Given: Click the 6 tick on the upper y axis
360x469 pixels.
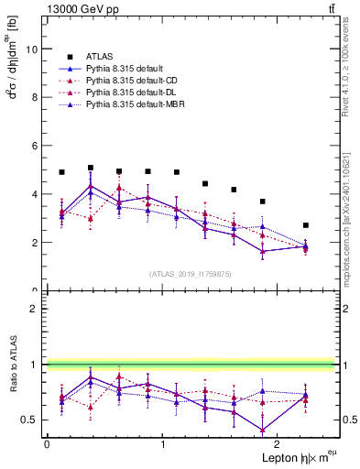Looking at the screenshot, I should (37, 146).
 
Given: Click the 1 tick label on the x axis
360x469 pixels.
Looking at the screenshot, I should (162, 443).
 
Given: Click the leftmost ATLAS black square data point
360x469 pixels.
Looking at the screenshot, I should (61, 172).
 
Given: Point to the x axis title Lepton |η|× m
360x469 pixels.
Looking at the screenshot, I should (299, 457).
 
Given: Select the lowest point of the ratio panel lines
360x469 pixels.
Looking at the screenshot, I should (263, 430).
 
